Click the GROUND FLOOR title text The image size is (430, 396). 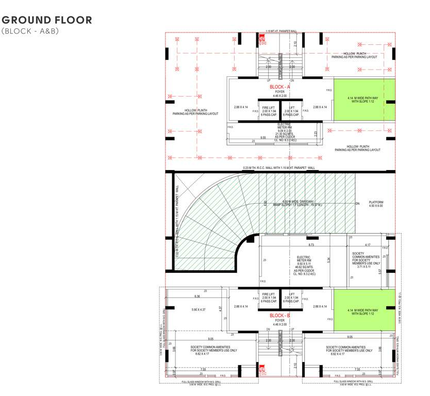tap(47, 20)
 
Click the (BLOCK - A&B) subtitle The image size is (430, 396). tap(31, 31)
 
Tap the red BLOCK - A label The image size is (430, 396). tap(280, 87)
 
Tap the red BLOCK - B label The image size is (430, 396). tap(280, 315)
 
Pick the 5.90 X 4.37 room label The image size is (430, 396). tap(199, 309)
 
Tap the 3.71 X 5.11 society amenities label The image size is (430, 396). tap(365, 267)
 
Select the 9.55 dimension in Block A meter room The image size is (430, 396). tap(263, 137)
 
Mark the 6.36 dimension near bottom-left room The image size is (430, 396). tap(197, 296)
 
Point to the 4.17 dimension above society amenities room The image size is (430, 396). tap(367, 244)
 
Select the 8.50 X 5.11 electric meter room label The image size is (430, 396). tap(304, 263)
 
